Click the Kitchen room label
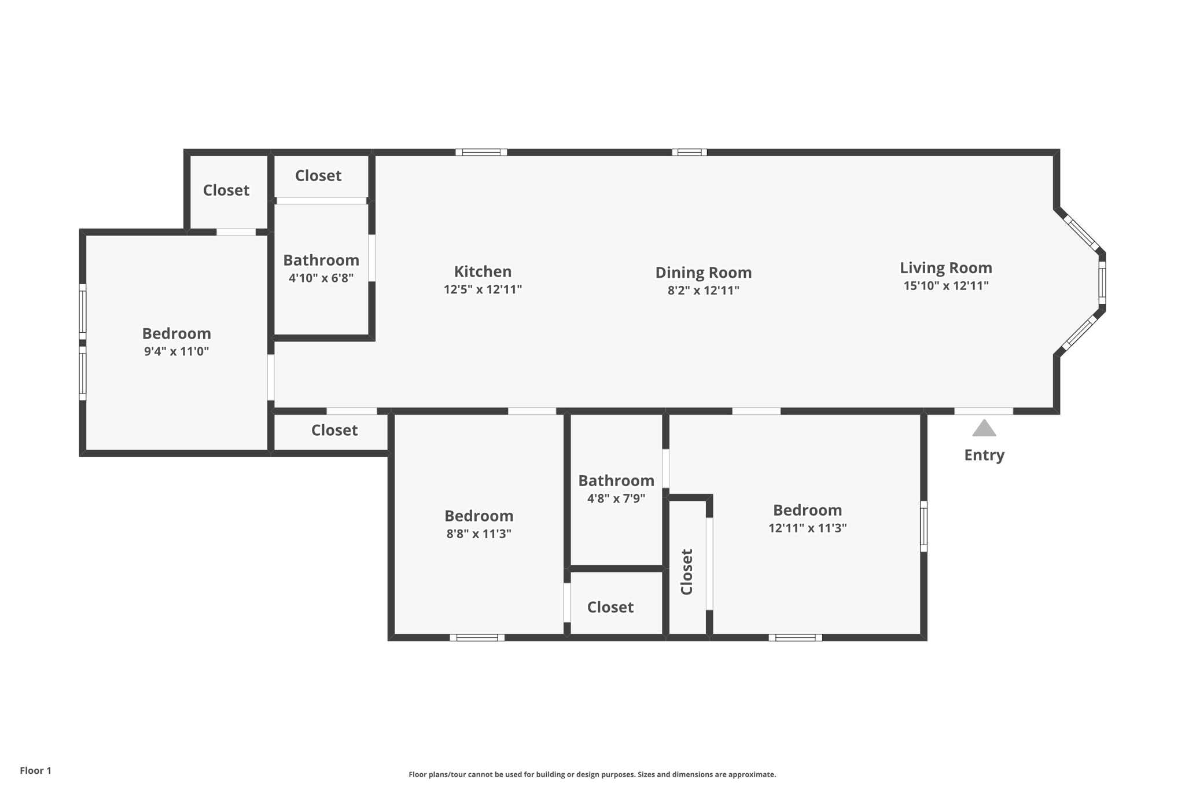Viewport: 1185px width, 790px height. click(483, 271)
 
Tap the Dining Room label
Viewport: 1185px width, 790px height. click(703, 273)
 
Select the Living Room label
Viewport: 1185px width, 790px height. click(945, 268)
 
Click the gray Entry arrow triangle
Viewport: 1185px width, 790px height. click(984, 429)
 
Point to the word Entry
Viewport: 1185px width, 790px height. click(984, 455)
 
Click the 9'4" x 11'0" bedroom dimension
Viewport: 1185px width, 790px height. click(176, 351)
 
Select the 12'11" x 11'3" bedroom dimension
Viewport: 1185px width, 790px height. click(807, 528)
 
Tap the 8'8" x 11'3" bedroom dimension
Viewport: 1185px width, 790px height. click(479, 534)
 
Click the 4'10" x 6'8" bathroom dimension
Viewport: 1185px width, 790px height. click(321, 278)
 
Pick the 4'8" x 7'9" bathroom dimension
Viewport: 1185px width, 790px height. click(616, 498)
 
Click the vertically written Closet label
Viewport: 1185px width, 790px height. click(687, 572)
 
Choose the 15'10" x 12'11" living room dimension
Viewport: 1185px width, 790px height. click(945, 285)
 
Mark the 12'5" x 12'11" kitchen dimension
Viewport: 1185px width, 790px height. click(483, 289)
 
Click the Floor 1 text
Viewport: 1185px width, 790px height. click(35, 770)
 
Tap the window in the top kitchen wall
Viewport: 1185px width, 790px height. click(481, 153)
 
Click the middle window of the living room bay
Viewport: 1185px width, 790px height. click(1102, 282)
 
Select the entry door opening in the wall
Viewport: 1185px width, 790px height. click(983, 411)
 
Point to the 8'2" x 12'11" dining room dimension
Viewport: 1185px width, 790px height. click(703, 291)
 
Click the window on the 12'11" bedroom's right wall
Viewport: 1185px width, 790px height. click(923, 526)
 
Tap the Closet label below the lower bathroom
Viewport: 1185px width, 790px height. click(610, 607)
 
